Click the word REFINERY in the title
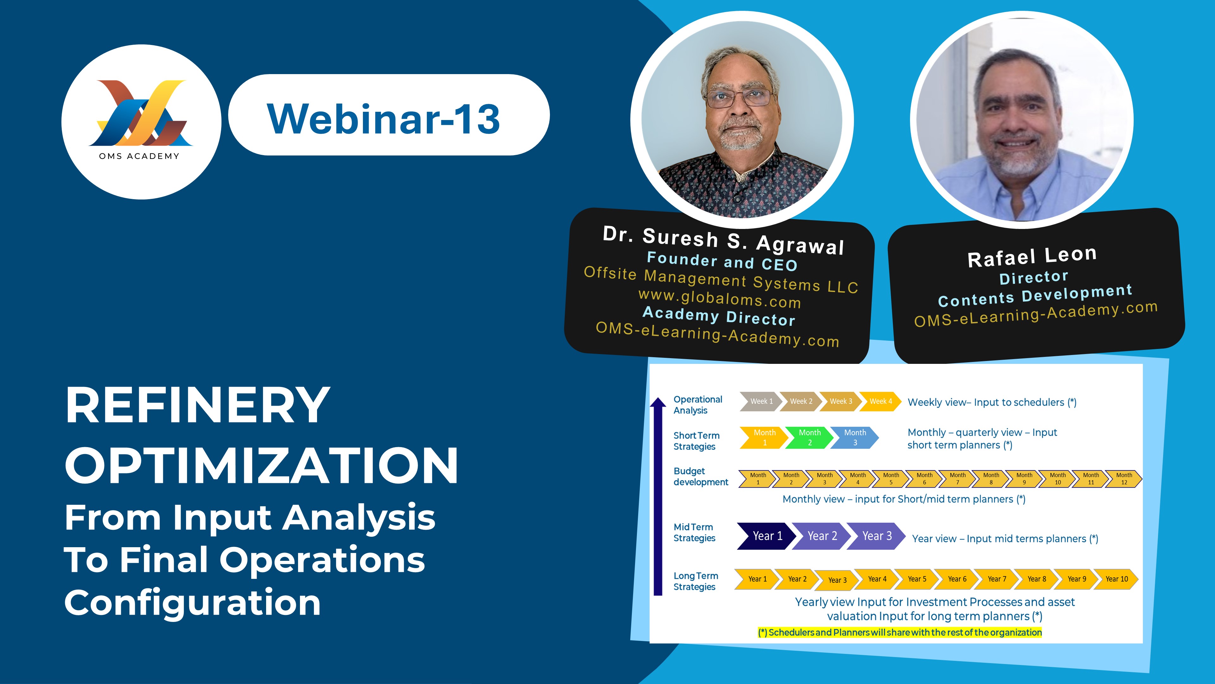(x=198, y=405)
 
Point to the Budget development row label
(x=701, y=476)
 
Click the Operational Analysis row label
(x=698, y=405)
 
